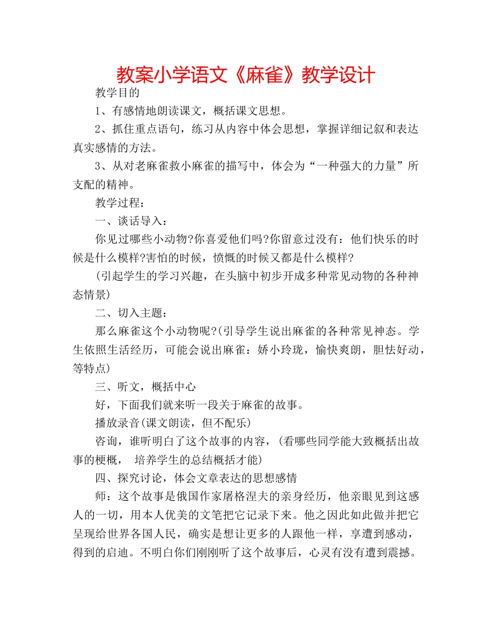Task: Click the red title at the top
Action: click(245, 74)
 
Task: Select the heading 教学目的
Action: click(118, 93)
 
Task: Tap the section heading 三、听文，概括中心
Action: click(146, 386)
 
